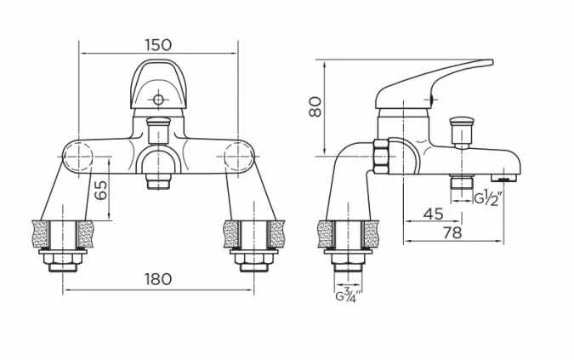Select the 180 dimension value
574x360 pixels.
pyautogui.click(x=157, y=278)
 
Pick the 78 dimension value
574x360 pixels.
pyautogui.click(x=452, y=232)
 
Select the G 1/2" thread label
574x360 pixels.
pyautogui.click(x=491, y=199)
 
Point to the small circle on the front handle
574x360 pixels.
pyautogui.click(x=157, y=100)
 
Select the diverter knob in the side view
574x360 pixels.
pyautogui.click(x=462, y=130)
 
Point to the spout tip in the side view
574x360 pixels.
pyautogui.click(x=508, y=177)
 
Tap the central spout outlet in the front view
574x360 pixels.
pyautogui.click(x=157, y=181)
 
